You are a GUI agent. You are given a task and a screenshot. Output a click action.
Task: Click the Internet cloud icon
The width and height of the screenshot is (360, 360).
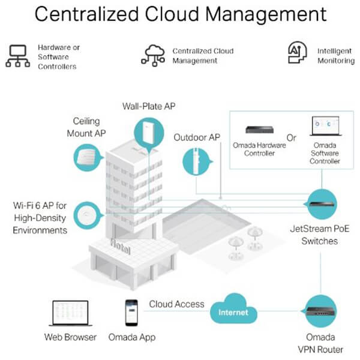(x=233, y=309)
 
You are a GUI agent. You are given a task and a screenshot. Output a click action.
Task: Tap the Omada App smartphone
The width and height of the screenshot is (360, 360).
(x=131, y=313)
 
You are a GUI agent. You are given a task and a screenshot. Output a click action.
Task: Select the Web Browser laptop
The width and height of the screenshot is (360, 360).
(x=70, y=313)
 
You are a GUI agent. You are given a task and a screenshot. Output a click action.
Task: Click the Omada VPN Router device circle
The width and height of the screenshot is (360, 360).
(x=320, y=311)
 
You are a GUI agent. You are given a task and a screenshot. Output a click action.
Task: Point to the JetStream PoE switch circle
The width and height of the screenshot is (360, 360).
(x=322, y=204)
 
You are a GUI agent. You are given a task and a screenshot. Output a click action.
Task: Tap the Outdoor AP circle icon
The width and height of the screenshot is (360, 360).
(x=197, y=161)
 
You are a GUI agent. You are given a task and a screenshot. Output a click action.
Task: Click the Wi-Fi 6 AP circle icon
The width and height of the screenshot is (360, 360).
(x=88, y=215)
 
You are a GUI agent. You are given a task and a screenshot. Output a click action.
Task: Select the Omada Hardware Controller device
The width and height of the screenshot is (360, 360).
(x=259, y=130)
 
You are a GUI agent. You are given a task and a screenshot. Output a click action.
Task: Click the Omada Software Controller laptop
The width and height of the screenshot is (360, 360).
(x=326, y=126)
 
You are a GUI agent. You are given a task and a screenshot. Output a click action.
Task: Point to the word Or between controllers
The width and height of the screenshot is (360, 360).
(x=292, y=138)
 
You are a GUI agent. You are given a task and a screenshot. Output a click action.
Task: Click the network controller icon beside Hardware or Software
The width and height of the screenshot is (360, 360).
(x=17, y=56)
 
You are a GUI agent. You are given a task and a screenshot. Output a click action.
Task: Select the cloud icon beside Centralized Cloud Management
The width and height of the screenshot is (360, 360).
(x=153, y=56)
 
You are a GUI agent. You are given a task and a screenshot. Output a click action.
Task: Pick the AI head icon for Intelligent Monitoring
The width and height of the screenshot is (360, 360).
(x=298, y=52)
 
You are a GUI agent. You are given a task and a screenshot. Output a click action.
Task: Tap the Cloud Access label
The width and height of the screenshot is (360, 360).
(x=176, y=304)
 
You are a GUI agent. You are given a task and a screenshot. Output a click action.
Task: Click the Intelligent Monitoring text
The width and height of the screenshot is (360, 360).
(x=336, y=56)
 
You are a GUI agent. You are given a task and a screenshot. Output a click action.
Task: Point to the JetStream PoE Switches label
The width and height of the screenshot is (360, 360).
(x=320, y=235)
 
